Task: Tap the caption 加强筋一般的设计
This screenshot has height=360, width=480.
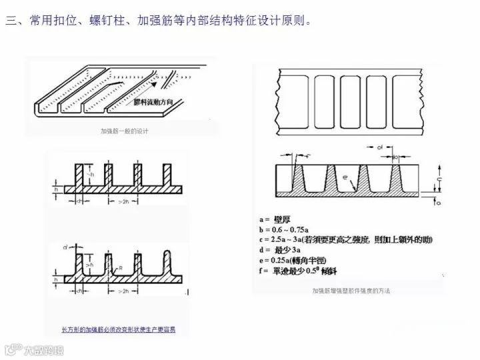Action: coord(123,131)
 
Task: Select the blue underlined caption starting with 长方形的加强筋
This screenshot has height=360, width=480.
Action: coord(118,329)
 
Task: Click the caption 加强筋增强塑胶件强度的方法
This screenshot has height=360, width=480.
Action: coord(351,291)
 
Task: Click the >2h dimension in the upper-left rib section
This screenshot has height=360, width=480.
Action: coord(123,201)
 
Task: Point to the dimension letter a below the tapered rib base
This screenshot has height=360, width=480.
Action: coord(441,199)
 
